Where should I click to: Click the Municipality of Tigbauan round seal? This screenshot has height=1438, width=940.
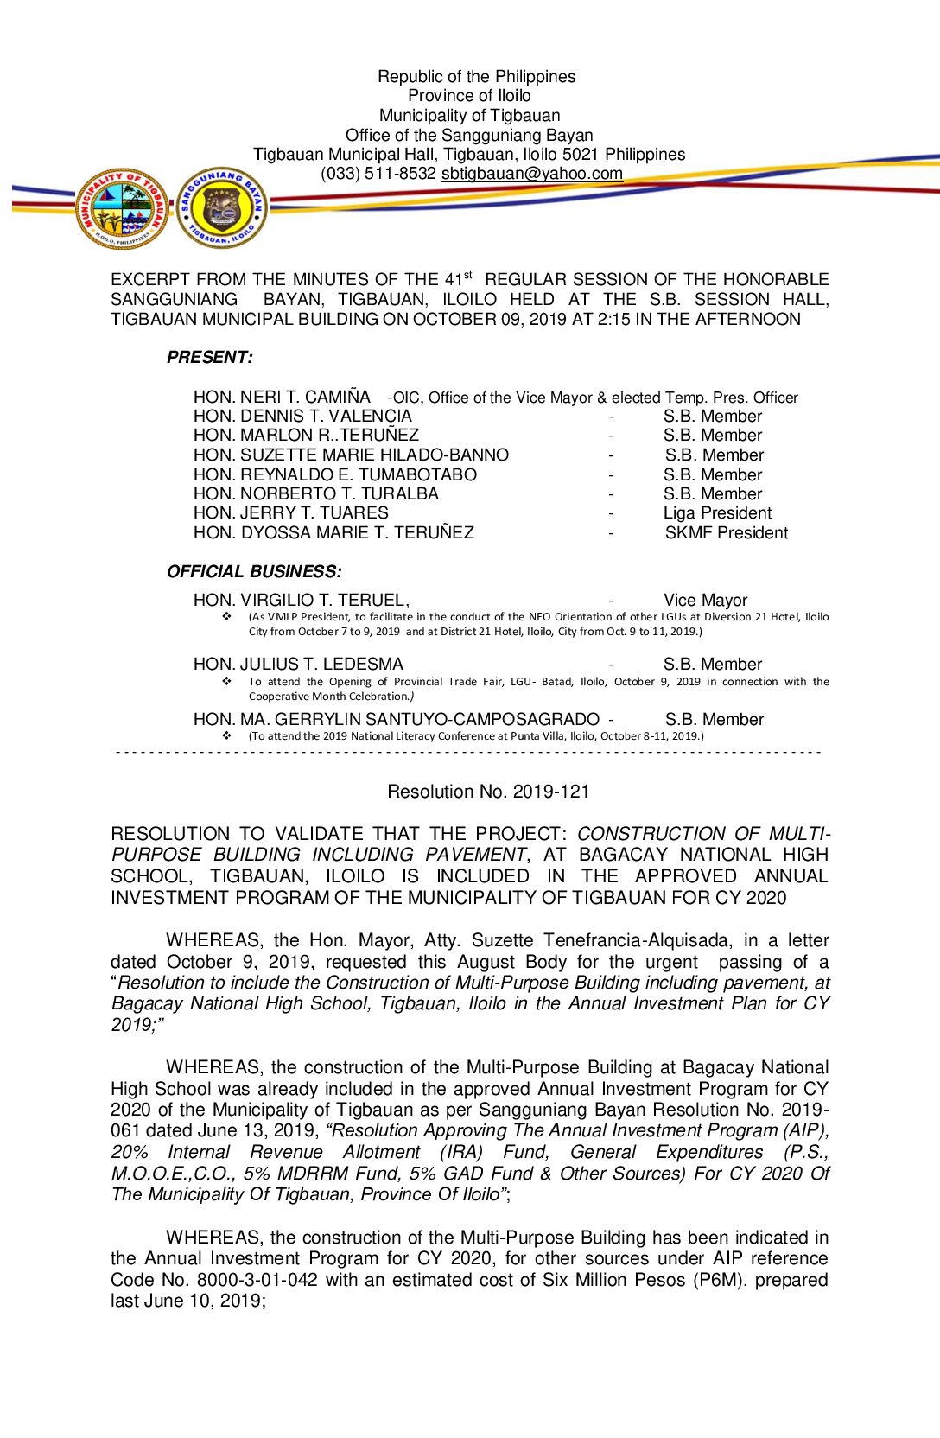(123, 209)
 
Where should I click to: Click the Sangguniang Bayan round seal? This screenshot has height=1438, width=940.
(222, 208)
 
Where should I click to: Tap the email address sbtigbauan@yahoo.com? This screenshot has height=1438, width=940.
(531, 174)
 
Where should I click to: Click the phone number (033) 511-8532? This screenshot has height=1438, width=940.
(378, 174)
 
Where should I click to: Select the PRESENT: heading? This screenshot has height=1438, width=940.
(210, 358)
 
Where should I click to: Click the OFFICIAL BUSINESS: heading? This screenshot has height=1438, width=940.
(254, 572)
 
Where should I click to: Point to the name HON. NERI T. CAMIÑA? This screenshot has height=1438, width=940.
(282, 398)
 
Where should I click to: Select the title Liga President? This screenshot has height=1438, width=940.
(717, 513)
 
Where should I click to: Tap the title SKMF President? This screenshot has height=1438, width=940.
(726, 533)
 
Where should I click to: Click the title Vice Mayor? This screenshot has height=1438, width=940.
(705, 601)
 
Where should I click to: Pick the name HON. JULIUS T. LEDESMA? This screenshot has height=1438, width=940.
(298, 665)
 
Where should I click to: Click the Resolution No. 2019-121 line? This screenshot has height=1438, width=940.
(488, 792)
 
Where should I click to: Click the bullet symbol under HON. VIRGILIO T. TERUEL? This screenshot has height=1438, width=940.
(227, 617)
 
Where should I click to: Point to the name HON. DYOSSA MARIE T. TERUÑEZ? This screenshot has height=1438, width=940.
(333, 533)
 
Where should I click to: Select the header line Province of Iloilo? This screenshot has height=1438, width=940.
(469, 96)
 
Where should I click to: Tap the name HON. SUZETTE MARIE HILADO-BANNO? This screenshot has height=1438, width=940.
(351, 455)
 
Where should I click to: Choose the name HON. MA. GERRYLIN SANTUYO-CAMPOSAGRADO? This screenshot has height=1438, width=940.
(396, 720)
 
